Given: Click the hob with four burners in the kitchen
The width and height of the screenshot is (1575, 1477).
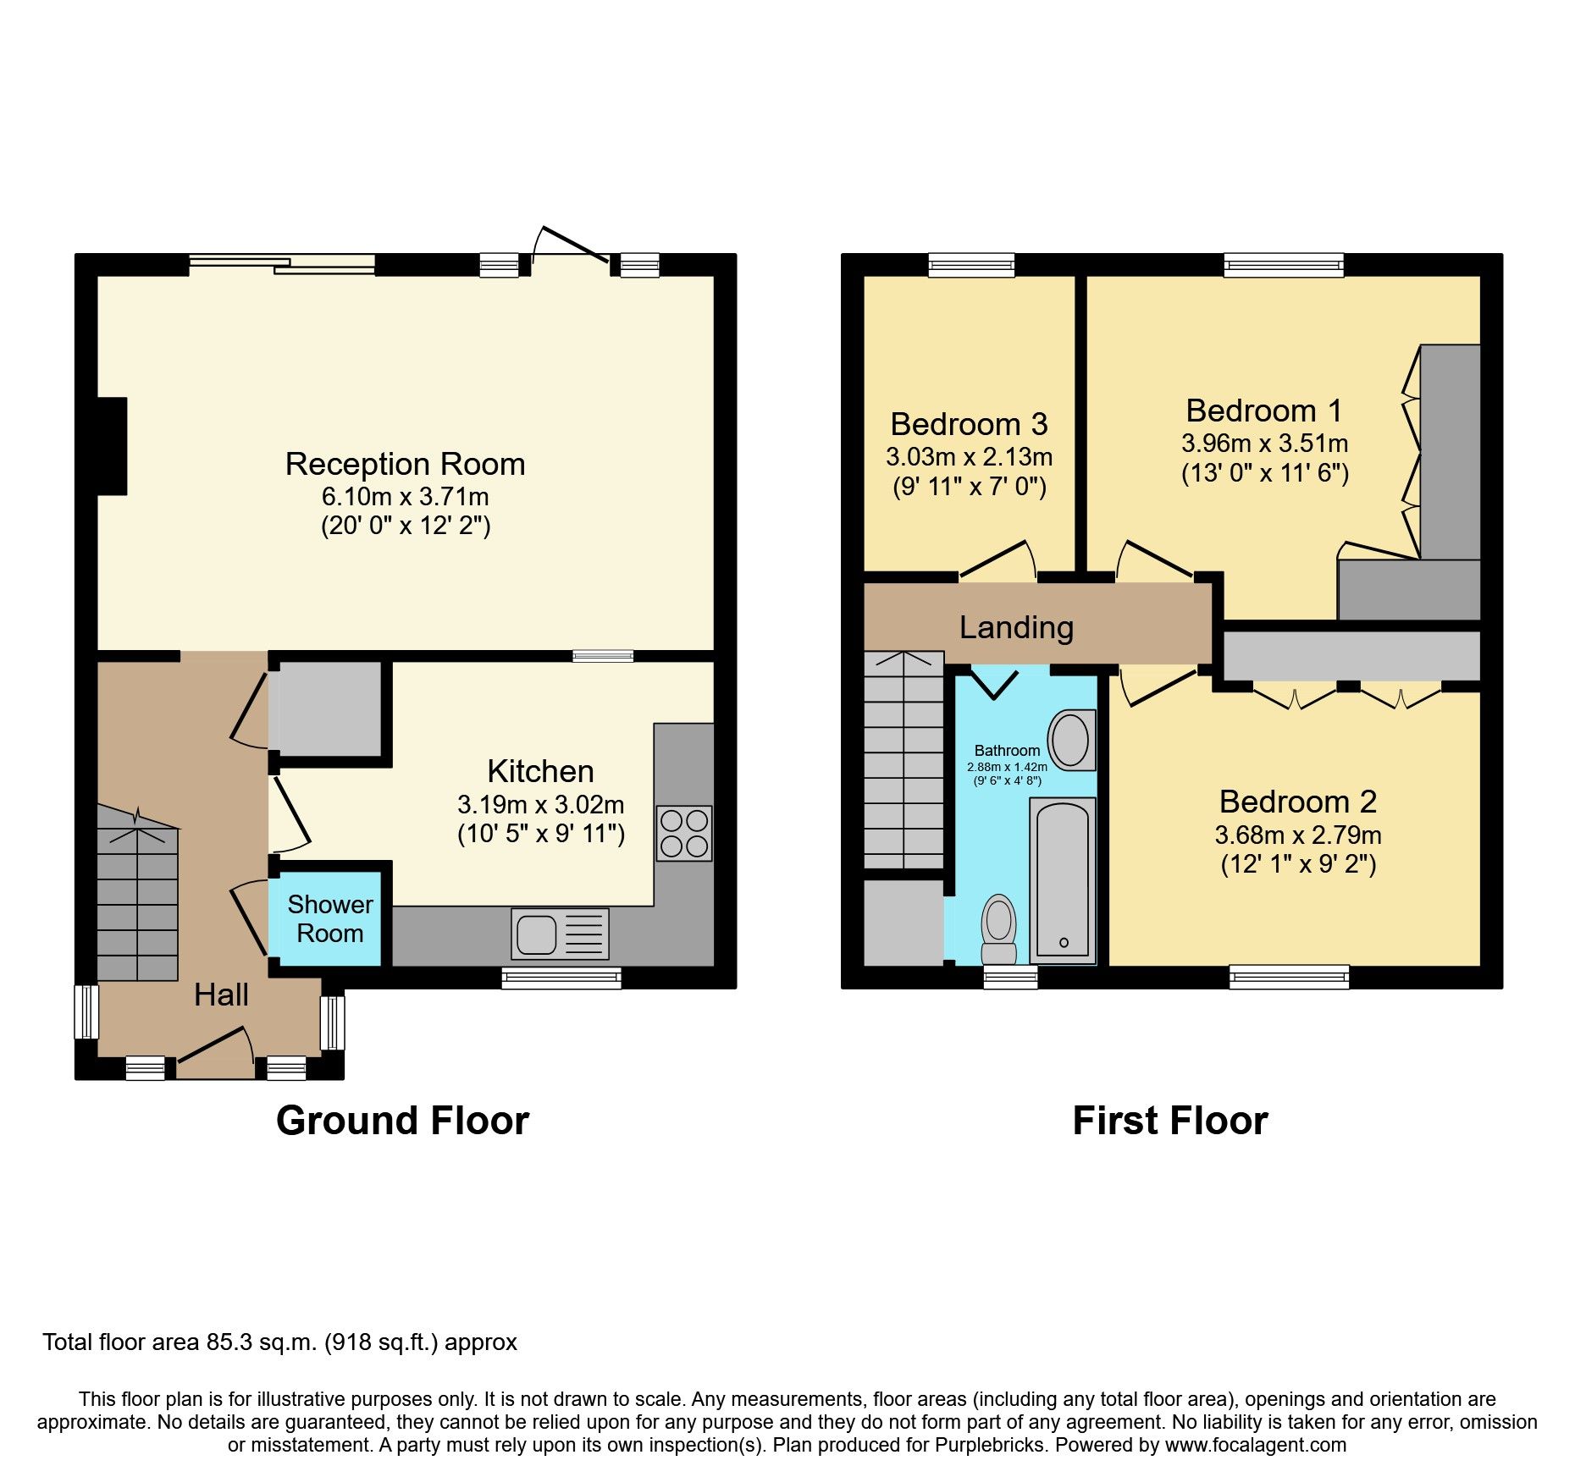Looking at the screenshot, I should pyautogui.click(x=684, y=833).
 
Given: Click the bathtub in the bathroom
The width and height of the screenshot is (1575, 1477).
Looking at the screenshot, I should pyautogui.click(x=1063, y=879).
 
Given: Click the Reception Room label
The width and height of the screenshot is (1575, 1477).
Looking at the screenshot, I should pyautogui.click(x=405, y=464).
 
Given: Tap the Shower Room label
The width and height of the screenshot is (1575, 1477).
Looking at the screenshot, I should pyautogui.click(x=329, y=918).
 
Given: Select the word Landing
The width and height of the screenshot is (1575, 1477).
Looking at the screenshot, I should pyautogui.click(x=1016, y=627).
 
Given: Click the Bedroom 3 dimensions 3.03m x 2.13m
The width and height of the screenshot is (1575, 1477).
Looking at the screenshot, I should pyautogui.click(x=969, y=457).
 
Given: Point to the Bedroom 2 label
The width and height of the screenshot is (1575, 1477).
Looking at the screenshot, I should pyautogui.click(x=1297, y=801).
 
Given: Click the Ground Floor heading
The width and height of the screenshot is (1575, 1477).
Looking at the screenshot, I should pyautogui.click(x=402, y=1121).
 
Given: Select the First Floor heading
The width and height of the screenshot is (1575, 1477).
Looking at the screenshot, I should pyautogui.click(x=1169, y=1121).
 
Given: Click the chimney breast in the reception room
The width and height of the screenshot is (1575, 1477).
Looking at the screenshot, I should pyautogui.click(x=113, y=446).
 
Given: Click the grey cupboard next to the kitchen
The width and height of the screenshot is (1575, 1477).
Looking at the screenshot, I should pyautogui.click(x=329, y=709).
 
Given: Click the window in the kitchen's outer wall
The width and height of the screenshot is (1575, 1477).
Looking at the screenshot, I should pyautogui.click(x=561, y=978).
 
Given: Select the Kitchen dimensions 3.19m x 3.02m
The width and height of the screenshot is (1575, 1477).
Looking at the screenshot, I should pyautogui.click(x=540, y=804).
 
